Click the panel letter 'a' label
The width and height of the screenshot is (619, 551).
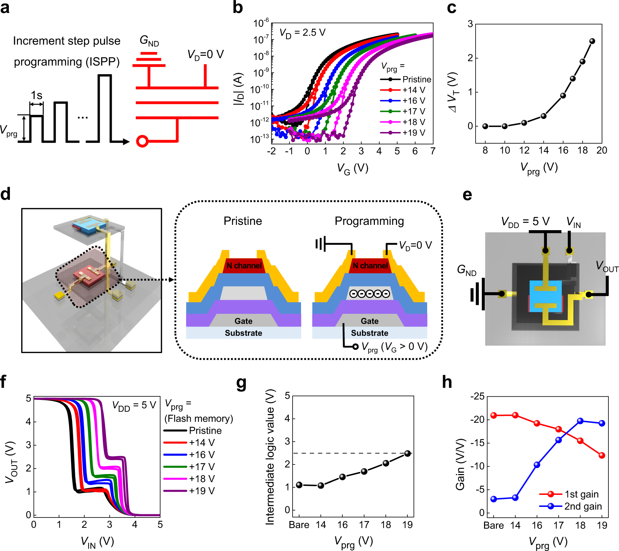point(5,8)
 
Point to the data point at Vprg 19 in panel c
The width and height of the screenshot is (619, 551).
point(592,41)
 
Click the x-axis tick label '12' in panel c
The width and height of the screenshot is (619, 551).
point(524,150)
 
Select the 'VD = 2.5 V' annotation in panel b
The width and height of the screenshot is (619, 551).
point(302,33)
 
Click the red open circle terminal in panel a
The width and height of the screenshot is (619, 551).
point(142,141)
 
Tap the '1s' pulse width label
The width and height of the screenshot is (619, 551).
point(36,95)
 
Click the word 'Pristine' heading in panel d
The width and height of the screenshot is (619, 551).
point(243,221)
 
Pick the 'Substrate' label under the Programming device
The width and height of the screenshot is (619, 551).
point(370,333)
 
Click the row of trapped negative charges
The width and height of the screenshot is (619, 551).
point(370,294)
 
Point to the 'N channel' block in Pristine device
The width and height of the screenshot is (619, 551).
point(244,265)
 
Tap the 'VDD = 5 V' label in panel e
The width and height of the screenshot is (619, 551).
point(525,222)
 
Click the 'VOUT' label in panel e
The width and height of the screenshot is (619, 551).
point(607,266)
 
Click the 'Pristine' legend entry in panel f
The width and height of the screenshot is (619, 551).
point(205,431)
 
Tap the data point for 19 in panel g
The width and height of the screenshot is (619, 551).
point(407,454)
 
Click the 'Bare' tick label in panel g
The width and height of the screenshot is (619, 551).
point(299,525)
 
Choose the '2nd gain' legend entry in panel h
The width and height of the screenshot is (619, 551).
point(583,506)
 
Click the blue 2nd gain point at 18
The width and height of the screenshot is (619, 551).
point(580,421)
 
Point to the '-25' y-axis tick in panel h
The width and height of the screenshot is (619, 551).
point(477,396)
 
